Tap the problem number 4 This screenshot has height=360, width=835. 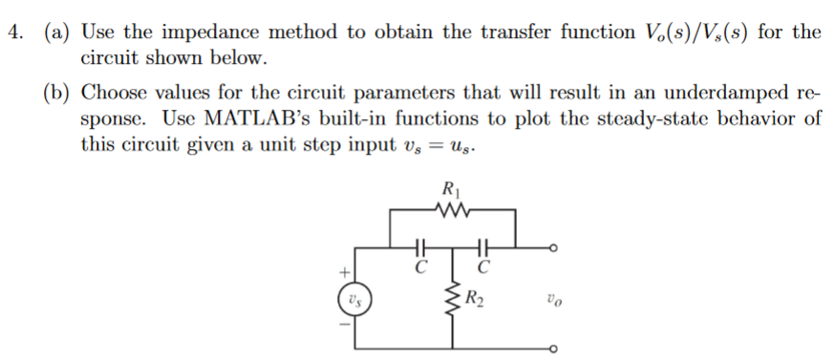point(12,32)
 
